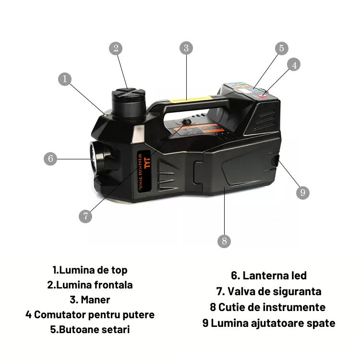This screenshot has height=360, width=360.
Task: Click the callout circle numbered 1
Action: pyautogui.click(x=65, y=79)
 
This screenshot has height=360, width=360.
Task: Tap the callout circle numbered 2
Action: pyautogui.click(x=115, y=48)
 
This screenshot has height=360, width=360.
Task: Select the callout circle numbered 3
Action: pyautogui.click(x=186, y=48)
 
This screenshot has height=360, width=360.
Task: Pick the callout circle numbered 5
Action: pyautogui.click(x=282, y=48)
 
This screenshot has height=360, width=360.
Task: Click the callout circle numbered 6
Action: pyautogui.click(x=50, y=158)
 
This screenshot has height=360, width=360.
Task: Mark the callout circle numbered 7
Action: pyautogui.click(x=85, y=216)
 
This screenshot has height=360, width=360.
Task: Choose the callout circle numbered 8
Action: pyautogui.click(x=224, y=240)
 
